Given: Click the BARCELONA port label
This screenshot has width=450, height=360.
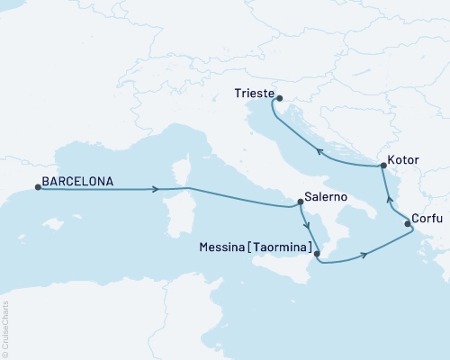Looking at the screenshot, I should (77, 181).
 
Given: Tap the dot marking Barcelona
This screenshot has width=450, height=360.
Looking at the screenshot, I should (37, 187).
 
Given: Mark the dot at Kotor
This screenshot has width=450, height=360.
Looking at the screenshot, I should (384, 166).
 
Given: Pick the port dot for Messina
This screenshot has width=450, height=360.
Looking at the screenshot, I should (317, 254).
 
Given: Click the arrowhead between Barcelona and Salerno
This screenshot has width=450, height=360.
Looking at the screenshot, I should (157, 189).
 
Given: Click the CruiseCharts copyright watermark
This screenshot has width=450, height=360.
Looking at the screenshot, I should (5, 329).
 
